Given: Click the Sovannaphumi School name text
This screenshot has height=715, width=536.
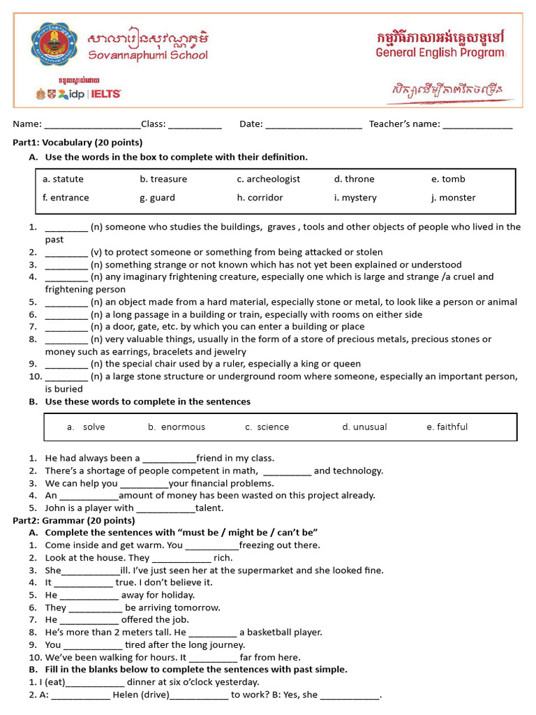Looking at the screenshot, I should click(147, 54).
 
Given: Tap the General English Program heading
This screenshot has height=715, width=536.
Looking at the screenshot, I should click(440, 52).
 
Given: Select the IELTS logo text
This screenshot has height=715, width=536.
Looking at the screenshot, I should click(105, 94).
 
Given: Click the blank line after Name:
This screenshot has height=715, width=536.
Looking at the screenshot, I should click(92, 126).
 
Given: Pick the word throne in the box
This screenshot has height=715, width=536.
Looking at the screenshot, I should click(359, 179).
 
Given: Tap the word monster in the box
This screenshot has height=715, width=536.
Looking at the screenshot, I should click(457, 198).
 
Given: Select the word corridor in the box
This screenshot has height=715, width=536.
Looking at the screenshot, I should click(265, 198).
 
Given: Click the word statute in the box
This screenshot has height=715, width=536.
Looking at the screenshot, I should click(68, 179).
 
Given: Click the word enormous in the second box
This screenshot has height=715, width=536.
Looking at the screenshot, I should click(183, 427).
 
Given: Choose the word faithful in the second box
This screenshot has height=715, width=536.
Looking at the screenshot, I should click(452, 427).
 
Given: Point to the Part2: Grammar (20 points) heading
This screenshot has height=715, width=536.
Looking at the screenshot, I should click(74, 521).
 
